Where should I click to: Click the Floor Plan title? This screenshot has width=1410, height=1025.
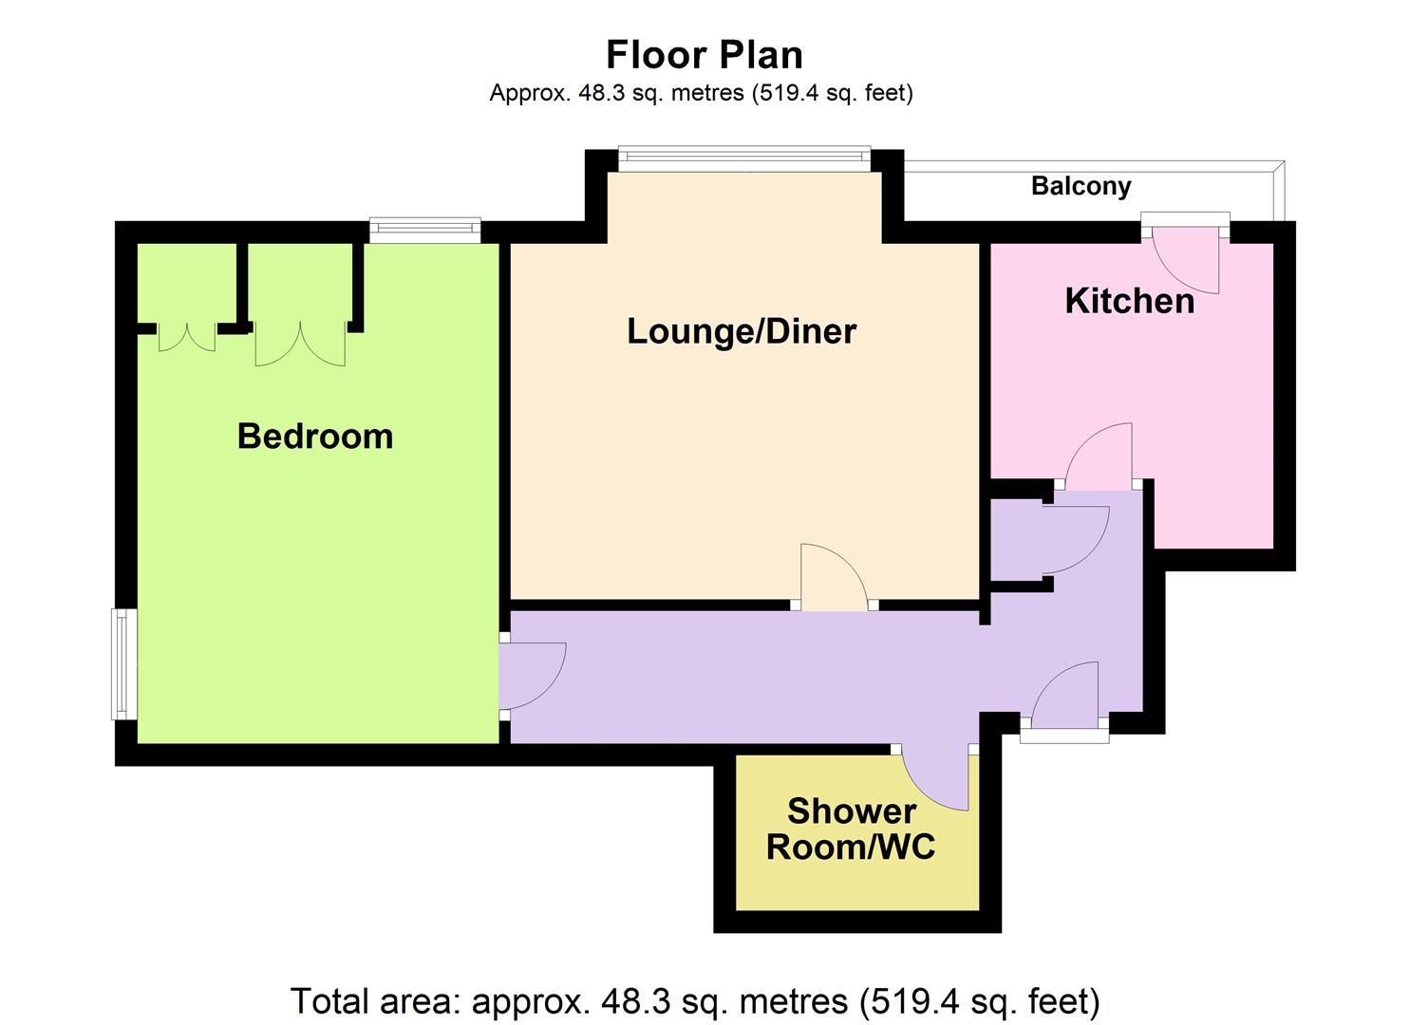click(704, 55)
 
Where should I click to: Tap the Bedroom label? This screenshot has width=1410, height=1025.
click(315, 436)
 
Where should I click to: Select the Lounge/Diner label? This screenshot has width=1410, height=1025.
click(742, 331)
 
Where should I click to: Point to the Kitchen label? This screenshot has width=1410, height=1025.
click(1129, 301)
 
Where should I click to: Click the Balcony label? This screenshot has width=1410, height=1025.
click(1081, 186)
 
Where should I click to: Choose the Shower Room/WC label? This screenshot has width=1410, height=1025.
click(851, 829)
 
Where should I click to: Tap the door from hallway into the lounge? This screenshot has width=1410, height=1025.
click(835, 577)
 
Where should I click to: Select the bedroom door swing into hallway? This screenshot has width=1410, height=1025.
click(534, 676)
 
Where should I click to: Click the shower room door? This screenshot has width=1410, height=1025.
click(934, 777)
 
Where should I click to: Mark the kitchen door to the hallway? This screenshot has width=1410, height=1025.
click(1099, 457)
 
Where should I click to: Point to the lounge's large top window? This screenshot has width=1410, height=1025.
click(744, 159)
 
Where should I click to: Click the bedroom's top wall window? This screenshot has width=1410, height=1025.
click(424, 231)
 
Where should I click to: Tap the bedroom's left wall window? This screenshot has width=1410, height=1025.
click(124, 663)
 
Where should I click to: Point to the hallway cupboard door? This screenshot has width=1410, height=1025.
click(1077, 539)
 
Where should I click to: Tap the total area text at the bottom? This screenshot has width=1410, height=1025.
click(695, 1000)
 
